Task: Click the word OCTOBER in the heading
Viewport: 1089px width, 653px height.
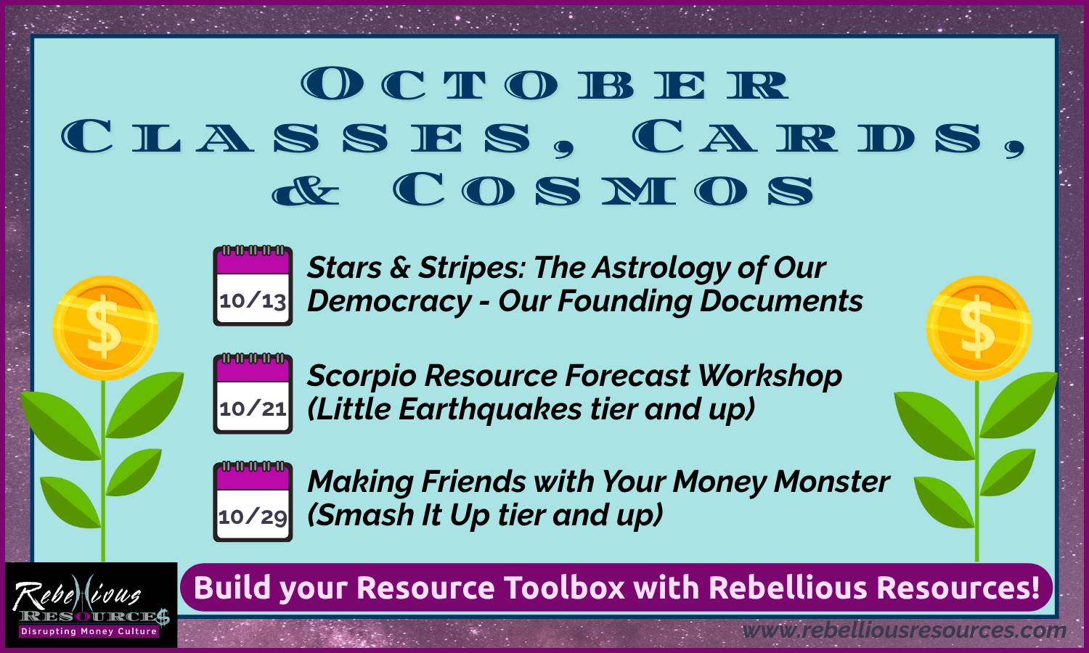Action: click(x=545, y=85)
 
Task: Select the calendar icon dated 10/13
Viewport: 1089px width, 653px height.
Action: click(x=253, y=286)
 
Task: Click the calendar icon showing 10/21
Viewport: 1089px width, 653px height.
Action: click(x=253, y=393)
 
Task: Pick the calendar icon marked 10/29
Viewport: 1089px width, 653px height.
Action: click(x=253, y=501)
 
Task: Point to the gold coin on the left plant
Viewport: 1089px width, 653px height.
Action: click(x=105, y=328)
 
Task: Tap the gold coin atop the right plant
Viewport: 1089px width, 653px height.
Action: click(x=979, y=328)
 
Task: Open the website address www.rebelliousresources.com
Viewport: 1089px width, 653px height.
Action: click(x=904, y=631)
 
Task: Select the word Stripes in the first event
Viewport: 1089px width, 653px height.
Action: click(x=472, y=268)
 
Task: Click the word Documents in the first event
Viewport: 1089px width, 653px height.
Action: click(x=781, y=301)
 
